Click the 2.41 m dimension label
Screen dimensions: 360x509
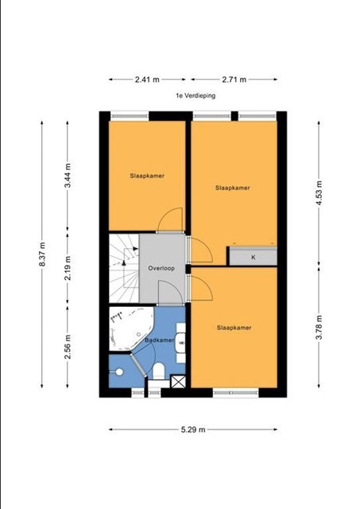[x=147, y=80]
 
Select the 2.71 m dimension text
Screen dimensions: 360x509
[x=234, y=80]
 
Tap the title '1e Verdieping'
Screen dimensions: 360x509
[x=195, y=95]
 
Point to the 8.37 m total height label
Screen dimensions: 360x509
[x=42, y=254]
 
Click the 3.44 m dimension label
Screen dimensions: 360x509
[x=68, y=176]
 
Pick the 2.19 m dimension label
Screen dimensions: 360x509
[x=68, y=268]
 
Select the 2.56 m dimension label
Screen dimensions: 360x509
[x=68, y=347]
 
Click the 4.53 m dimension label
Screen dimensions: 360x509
[x=319, y=193]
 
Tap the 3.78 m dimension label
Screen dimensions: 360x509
[x=319, y=327]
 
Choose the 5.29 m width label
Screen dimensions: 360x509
[x=193, y=429]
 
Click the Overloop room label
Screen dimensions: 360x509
[x=161, y=269]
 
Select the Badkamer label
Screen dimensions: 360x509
[x=159, y=340]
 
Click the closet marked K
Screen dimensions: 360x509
[x=254, y=257]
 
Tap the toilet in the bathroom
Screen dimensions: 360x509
[x=159, y=371]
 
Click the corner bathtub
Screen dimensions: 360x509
[x=130, y=328]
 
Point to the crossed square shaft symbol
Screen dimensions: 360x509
[x=178, y=382]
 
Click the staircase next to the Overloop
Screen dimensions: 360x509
[x=124, y=269]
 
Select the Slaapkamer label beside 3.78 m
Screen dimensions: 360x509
[x=234, y=328]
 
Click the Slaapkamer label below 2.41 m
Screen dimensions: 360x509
[x=147, y=176]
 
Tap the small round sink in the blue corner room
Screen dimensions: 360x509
[x=119, y=372]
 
